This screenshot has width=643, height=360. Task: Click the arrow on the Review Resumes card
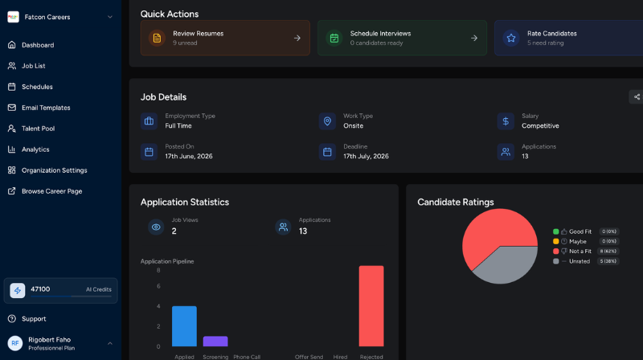click(297, 38)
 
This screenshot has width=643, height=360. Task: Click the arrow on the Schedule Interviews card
click(474, 38)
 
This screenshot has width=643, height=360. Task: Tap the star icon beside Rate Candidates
click(511, 38)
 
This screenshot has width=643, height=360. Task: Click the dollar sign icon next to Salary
click(506, 121)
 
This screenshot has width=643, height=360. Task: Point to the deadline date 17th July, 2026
click(366, 156)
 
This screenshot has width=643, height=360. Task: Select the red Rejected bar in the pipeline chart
click(371, 306)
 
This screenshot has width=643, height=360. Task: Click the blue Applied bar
click(184, 326)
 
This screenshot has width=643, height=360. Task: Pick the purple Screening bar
click(215, 342)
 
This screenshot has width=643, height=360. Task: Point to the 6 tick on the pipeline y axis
click(158, 286)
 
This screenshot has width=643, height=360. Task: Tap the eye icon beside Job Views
click(156, 227)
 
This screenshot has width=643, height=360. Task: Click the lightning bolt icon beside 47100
click(17, 290)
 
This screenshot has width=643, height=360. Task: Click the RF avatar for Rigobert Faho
click(15, 343)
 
